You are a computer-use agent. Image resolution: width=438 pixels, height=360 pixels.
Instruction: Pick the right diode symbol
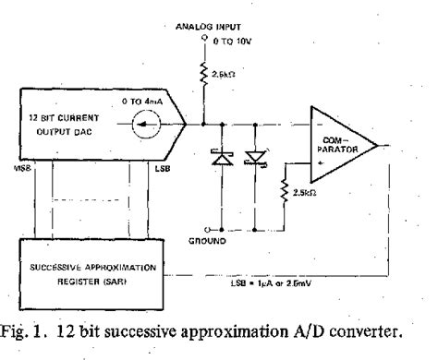tap(257, 158)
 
